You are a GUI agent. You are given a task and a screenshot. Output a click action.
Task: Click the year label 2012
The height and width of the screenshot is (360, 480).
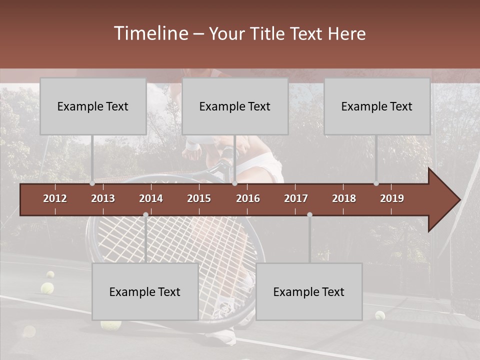(55, 198)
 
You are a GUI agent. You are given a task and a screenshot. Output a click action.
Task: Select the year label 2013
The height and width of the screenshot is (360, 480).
(103, 198)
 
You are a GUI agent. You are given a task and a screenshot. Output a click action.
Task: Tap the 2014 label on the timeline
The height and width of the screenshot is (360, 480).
(151, 198)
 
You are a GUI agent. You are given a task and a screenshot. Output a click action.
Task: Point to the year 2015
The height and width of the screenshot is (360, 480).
(199, 198)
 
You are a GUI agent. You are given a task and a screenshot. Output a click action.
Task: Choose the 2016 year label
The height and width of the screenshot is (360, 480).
(248, 198)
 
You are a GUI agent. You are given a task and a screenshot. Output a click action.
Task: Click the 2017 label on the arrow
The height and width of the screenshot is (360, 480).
(296, 198)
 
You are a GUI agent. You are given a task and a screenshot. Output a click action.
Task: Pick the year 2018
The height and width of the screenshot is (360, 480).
(344, 198)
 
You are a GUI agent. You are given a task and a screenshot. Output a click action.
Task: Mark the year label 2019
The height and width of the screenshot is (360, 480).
(392, 198)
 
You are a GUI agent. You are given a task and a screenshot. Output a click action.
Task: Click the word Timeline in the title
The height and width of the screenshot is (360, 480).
(150, 33)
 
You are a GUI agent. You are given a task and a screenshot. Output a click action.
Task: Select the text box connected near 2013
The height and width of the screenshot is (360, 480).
(93, 106)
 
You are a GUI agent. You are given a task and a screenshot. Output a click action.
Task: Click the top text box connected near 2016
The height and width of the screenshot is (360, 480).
(235, 106)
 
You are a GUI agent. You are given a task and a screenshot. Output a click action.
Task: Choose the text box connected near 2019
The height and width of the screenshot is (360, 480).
(377, 106)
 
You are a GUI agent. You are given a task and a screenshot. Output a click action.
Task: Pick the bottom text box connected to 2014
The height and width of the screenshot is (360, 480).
(145, 291)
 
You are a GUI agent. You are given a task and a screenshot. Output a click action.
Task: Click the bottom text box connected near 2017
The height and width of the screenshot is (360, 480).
(309, 291)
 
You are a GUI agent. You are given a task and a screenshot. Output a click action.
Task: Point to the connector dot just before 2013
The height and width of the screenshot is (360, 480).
(92, 183)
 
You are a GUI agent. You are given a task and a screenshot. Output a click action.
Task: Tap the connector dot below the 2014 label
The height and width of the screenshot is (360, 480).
(145, 214)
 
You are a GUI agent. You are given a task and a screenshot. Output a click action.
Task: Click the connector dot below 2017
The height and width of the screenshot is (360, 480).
(309, 214)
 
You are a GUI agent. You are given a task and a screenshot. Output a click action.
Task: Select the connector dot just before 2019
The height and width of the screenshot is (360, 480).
(376, 183)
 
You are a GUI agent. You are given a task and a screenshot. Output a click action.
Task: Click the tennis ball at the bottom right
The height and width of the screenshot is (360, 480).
(380, 315)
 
